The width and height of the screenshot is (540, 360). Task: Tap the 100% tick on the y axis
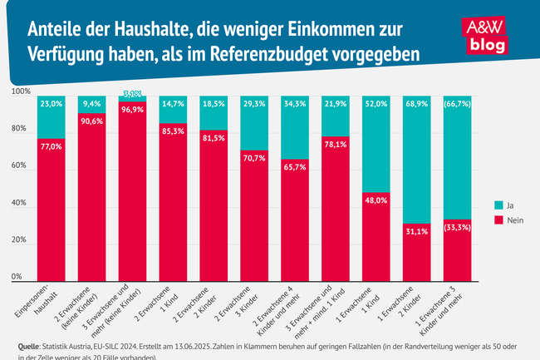pyautogui.click(x=21, y=91)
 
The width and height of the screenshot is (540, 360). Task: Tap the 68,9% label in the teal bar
pyautogui.click(x=416, y=103)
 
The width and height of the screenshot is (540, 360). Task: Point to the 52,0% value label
pyautogui.click(x=376, y=103)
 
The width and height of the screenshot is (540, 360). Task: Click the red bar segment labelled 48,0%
pyautogui.click(x=376, y=241)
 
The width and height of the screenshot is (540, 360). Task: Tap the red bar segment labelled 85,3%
pyautogui.click(x=173, y=208)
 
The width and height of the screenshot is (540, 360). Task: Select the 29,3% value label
pyautogui.click(x=254, y=103)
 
